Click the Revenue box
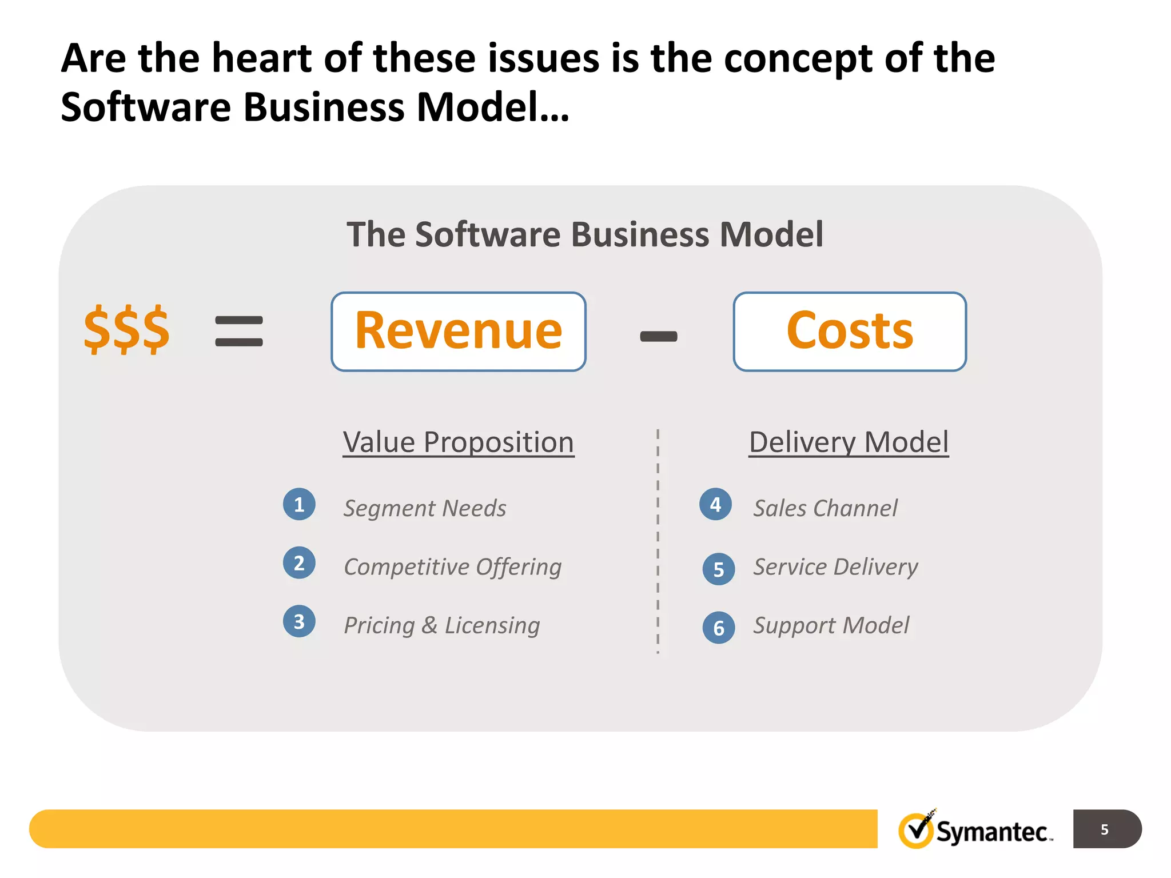[x=459, y=332]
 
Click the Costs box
[x=850, y=332]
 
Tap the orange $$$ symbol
[x=126, y=330]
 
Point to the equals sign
[x=239, y=332]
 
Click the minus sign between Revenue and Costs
[x=659, y=337]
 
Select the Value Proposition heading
[x=459, y=442]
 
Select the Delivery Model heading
[x=849, y=442]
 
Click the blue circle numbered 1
[x=299, y=504]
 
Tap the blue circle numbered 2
[x=299, y=563]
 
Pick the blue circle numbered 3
[x=299, y=621]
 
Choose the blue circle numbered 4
[x=715, y=504]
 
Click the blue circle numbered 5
[x=719, y=569]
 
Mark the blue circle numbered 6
[x=719, y=628]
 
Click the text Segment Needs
[x=425, y=508]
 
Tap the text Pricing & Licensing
[x=442, y=625]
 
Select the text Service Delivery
[x=835, y=567]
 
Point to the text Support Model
[x=831, y=625]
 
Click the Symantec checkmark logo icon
[x=917, y=830]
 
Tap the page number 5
[x=1105, y=829]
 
